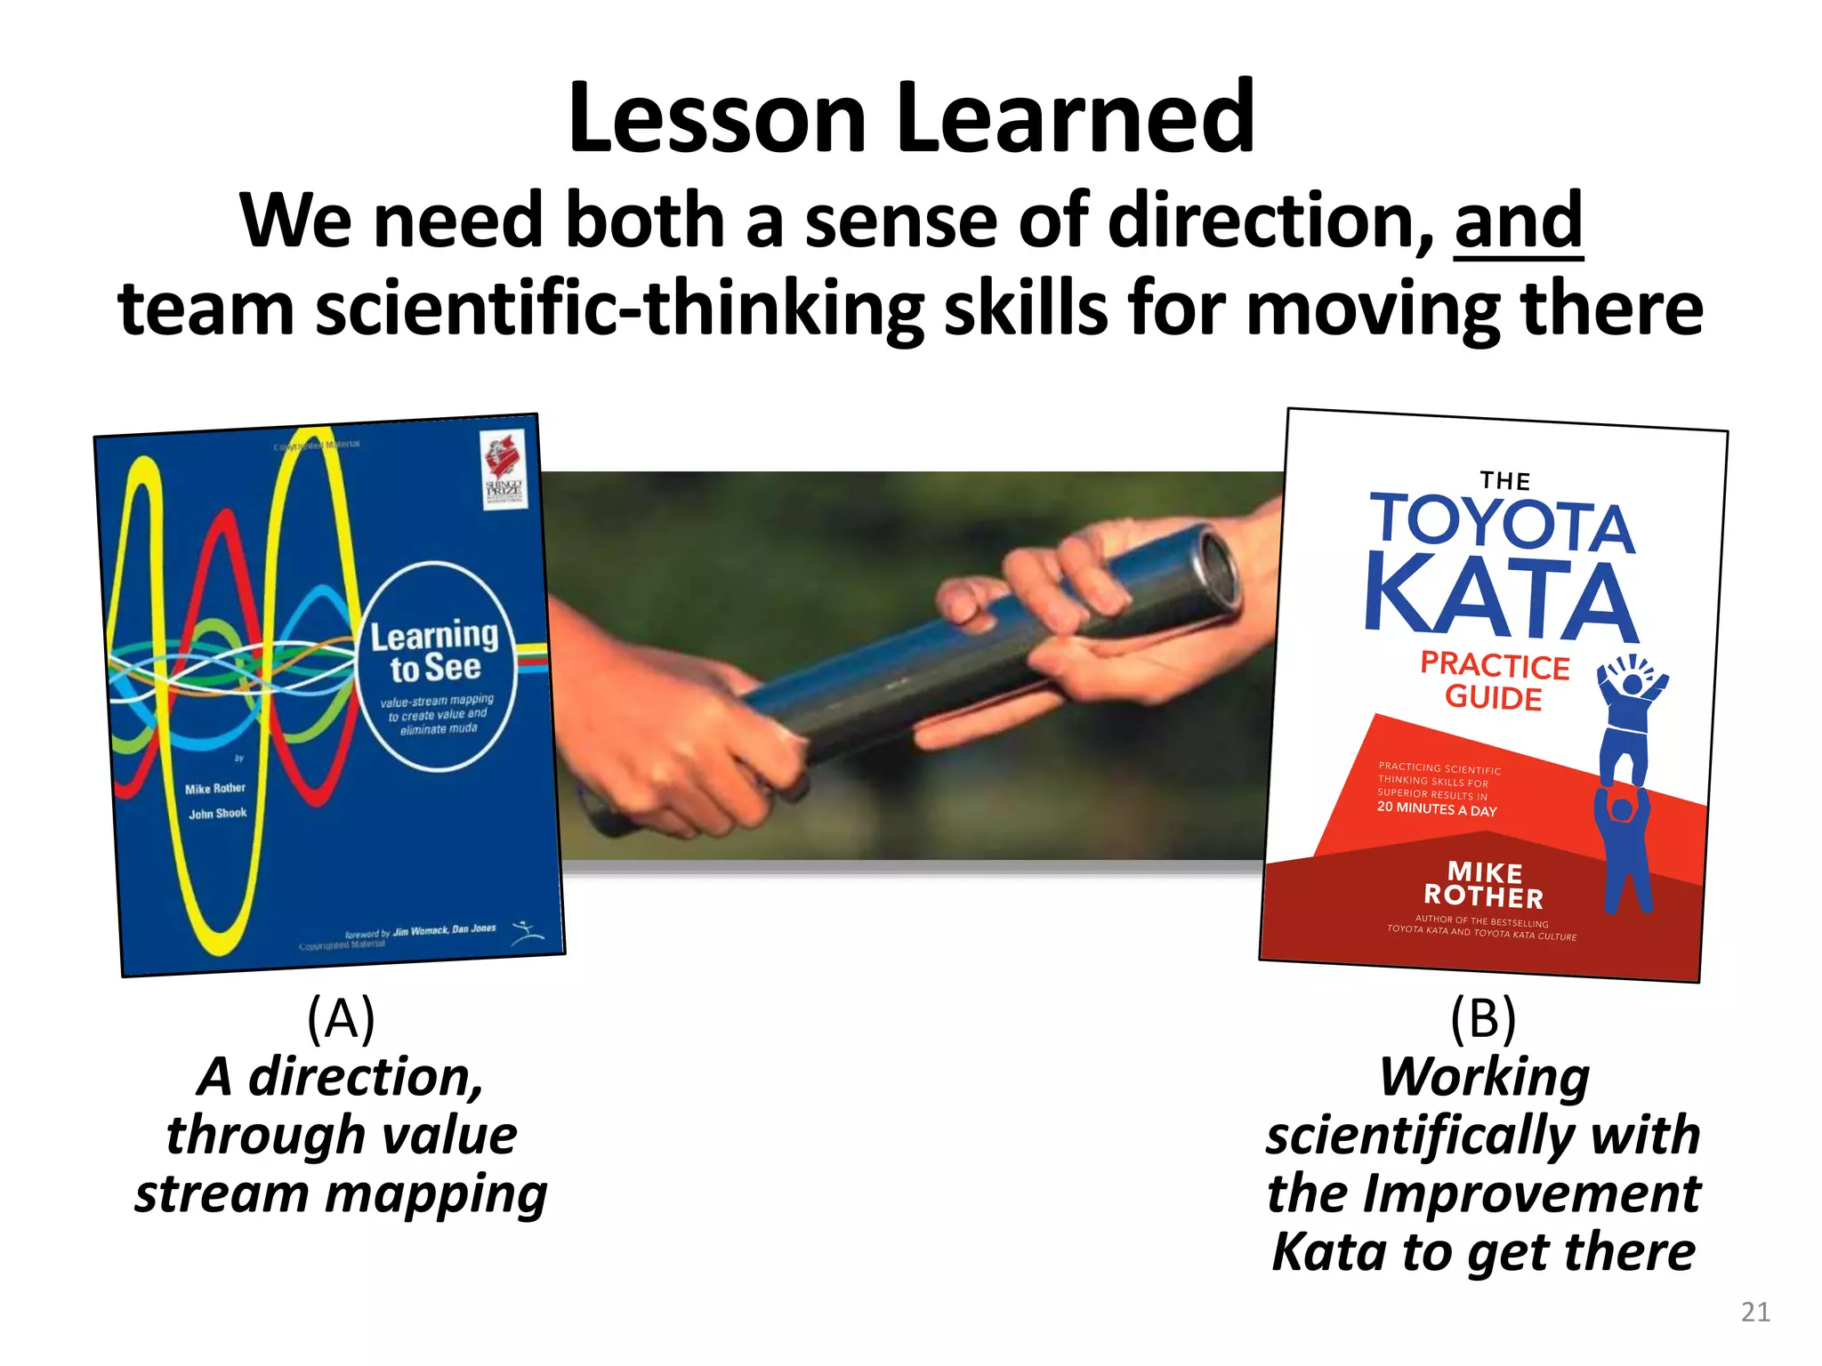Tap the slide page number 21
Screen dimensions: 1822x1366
tap(1754, 1312)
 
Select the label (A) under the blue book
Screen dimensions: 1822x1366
tap(341, 1017)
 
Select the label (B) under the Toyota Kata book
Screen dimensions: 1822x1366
tap(1482, 1017)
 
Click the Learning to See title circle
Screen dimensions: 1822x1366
tap(437, 667)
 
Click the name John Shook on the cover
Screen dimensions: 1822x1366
tap(217, 813)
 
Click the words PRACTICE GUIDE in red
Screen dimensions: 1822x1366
tap(1494, 681)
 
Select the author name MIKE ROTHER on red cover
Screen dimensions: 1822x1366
tap(1484, 884)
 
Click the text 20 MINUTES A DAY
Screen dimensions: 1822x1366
tap(1436, 808)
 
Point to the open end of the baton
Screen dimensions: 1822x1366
tap(1214, 569)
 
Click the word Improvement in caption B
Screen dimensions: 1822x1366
tap(1530, 1193)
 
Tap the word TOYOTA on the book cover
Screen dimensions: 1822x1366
tap(1502, 523)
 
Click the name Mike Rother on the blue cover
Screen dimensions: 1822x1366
tap(215, 789)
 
